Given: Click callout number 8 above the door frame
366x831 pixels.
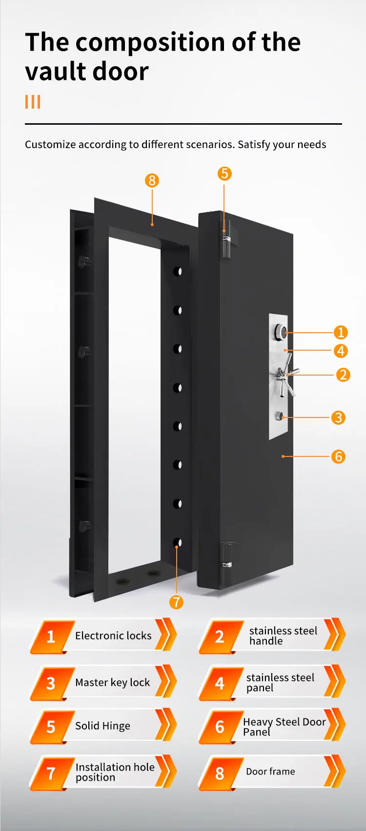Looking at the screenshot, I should click(x=152, y=181).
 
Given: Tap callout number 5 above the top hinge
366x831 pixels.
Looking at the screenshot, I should click(x=224, y=173).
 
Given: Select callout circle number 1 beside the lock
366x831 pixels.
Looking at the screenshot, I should click(x=341, y=333).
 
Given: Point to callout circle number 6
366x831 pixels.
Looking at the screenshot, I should click(x=338, y=456).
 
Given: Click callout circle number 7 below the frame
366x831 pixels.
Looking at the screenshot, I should click(x=176, y=602).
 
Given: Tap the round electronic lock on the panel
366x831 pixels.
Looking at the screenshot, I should click(x=282, y=332).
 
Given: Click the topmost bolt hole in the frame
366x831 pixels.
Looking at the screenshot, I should click(x=178, y=271).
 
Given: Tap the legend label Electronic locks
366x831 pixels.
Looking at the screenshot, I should click(x=113, y=636).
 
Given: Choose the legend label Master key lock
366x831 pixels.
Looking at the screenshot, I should click(x=112, y=682).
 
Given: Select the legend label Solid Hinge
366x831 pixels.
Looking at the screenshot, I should click(x=102, y=726).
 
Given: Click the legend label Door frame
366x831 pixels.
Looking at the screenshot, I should click(x=270, y=772).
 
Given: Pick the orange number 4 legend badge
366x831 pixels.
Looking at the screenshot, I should click(x=220, y=683).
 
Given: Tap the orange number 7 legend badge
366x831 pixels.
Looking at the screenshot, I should click(x=51, y=773).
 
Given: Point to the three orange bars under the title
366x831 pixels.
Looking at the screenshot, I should click(x=33, y=102).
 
